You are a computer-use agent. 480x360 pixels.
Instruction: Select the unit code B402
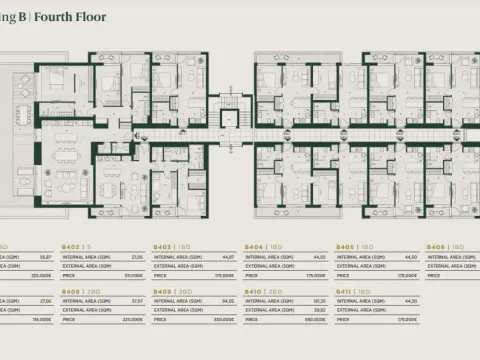[x=71, y=246]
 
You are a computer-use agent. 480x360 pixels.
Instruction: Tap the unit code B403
[x=162, y=246]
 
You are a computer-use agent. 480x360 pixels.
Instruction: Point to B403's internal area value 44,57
[x=229, y=256]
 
